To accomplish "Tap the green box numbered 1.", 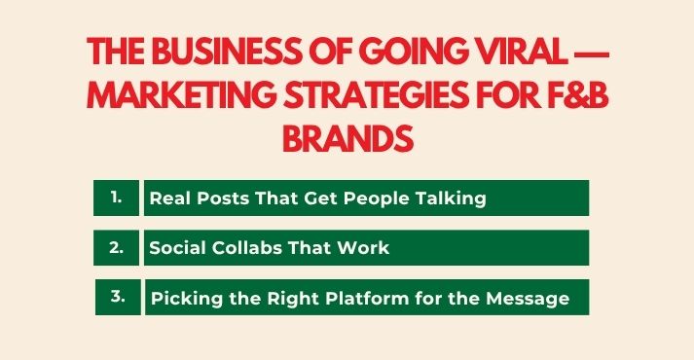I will point(117,198).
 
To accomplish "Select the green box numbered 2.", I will point(117,247).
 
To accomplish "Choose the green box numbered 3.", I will point(117,298).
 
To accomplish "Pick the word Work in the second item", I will point(365,248).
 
